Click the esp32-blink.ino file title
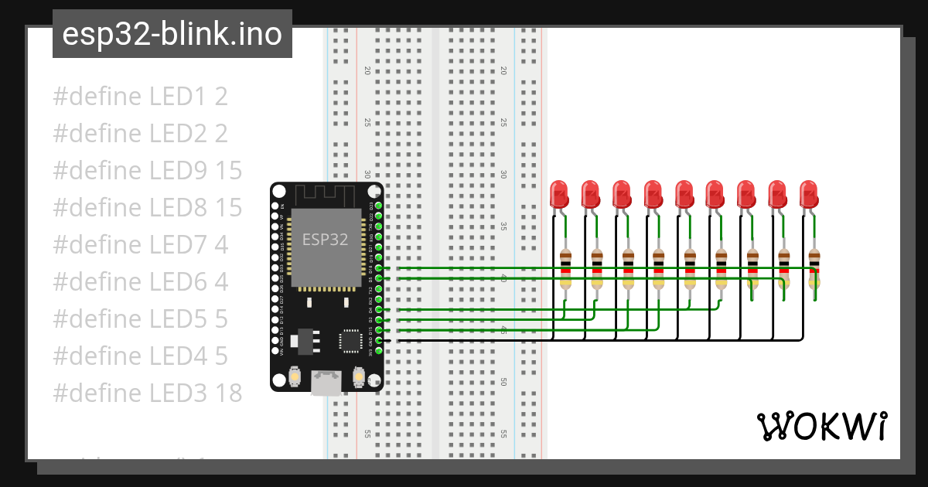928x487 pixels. pos(172,34)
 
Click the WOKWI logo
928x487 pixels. pos(821,426)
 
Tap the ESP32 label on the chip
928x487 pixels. pos(325,239)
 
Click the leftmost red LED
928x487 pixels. pos(559,194)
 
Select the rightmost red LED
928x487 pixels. pos(808,194)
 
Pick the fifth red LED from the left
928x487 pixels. pos(684,194)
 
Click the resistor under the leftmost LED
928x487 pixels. pos(565,269)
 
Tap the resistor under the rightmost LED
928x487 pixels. pos(814,269)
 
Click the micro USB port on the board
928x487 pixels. pos(326,383)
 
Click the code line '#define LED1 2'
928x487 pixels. pos(140,97)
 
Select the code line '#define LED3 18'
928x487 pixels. pos(147,393)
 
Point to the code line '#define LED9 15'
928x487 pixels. pos(147,171)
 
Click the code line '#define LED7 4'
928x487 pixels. pos(140,245)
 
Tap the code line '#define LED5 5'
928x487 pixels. pos(140,318)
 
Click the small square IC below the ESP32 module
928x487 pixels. pos(350,341)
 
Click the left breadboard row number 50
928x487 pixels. pos(367,382)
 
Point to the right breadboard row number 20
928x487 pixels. pos(503,70)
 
